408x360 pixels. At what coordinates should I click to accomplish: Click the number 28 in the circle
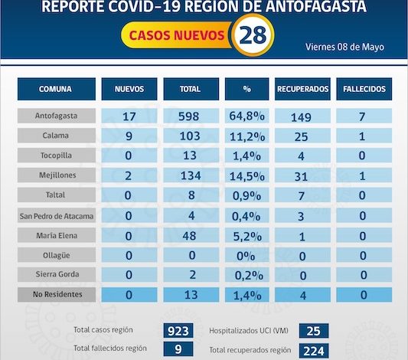(x=253, y=35)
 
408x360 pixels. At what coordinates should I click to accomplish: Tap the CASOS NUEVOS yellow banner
(x=176, y=35)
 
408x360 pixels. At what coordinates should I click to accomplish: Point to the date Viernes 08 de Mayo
(x=344, y=47)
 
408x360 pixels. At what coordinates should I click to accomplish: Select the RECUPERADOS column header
(x=302, y=89)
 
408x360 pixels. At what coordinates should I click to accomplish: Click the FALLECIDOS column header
(x=364, y=89)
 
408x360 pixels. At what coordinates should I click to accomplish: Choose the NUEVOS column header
(x=129, y=89)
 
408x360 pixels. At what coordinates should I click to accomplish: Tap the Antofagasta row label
(x=57, y=116)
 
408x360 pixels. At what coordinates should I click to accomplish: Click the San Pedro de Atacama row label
(x=57, y=216)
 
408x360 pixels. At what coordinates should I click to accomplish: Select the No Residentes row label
(x=57, y=294)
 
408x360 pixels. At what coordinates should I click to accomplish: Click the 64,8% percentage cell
(x=247, y=116)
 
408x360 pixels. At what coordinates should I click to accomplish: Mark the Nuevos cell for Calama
(x=129, y=136)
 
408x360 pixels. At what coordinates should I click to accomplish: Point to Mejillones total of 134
(x=191, y=175)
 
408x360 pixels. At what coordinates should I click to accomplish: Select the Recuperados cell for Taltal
(x=302, y=195)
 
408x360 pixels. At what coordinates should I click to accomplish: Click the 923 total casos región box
(x=178, y=331)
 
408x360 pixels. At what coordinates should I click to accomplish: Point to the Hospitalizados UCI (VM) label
(x=249, y=331)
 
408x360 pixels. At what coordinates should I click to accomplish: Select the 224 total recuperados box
(x=314, y=351)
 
